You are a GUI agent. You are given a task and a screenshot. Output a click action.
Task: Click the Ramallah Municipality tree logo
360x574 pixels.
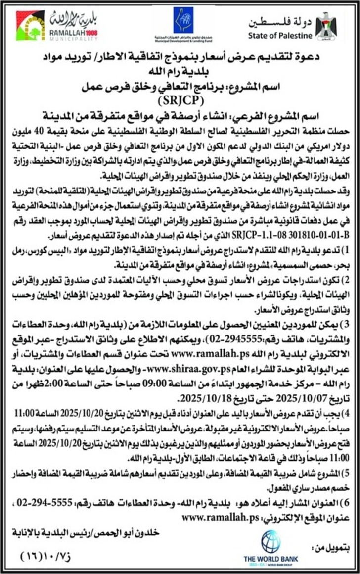pyautogui.click(x=30, y=26)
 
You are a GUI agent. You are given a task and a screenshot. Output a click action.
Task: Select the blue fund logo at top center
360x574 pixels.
pyautogui.click(x=183, y=20)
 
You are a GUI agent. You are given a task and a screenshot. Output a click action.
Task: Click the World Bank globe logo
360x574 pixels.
pyautogui.click(x=270, y=541)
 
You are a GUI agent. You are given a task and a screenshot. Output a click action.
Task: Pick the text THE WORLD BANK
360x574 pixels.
pyautogui.click(x=271, y=559)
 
